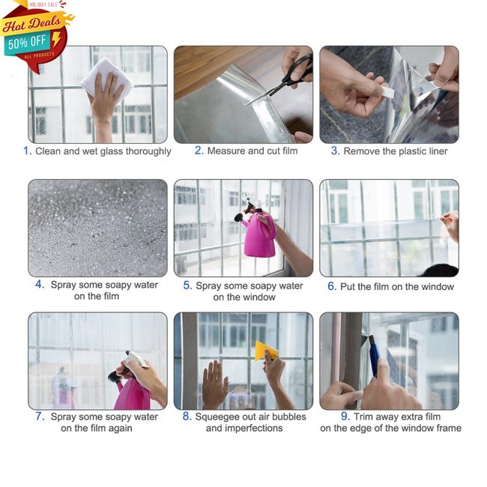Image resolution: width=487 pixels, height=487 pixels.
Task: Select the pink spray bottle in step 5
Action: tap(259, 233)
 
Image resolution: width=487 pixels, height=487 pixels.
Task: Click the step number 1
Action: tap(27, 151)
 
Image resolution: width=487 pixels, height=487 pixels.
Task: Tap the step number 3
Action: tap(335, 151)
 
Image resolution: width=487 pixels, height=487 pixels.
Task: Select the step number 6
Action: tap(331, 286)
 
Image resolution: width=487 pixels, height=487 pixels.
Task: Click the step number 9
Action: tap(345, 416)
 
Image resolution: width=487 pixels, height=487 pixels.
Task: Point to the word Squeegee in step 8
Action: tap(218, 417)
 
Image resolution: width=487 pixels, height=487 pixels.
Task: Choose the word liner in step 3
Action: tap(434, 151)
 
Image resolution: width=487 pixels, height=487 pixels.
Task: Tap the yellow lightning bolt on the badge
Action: tap(57, 39)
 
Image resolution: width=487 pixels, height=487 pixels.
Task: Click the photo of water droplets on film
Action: tap(97, 228)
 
